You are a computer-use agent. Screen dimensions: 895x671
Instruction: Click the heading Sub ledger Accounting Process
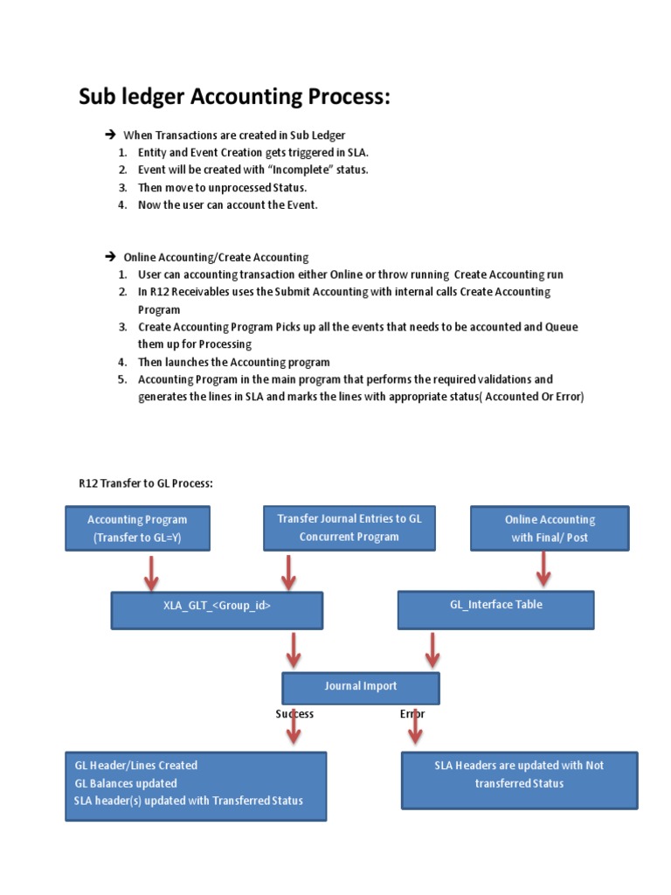234,97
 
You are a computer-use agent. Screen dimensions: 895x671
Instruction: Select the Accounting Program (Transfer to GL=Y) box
136,528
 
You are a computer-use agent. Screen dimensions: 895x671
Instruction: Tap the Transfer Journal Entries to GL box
349,527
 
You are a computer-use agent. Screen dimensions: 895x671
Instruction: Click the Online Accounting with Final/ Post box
550,528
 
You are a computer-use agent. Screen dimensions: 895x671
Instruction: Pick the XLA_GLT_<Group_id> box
217,610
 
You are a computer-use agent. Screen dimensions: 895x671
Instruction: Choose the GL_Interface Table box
495,609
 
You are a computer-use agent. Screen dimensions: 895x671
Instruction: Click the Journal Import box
360,688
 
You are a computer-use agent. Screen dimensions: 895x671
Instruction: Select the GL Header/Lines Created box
196,786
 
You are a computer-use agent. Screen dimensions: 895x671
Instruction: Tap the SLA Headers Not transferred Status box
519,780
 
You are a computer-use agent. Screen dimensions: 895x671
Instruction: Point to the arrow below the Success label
294,727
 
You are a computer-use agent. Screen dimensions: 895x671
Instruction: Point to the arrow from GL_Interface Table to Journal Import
431,650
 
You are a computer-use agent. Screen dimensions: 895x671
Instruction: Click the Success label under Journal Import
294,714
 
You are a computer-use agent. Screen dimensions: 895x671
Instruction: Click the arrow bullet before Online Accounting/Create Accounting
110,257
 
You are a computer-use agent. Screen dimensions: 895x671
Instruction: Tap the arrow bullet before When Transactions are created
110,135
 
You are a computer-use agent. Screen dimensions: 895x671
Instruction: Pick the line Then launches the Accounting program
233,362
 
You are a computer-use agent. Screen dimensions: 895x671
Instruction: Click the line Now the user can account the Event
228,205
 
